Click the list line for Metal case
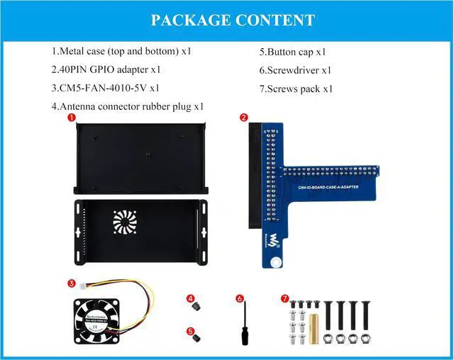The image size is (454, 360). (x=121, y=51)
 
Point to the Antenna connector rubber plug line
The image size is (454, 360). (x=128, y=106)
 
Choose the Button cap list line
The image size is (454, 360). (x=292, y=51)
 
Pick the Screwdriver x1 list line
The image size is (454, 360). (x=295, y=69)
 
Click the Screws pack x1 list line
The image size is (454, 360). (x=296, y=89)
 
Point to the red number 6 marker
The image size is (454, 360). (x=240, y=298)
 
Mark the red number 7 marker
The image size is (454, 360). (x=285, y=298)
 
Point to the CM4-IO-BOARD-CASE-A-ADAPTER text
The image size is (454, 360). (x=323, y=184)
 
